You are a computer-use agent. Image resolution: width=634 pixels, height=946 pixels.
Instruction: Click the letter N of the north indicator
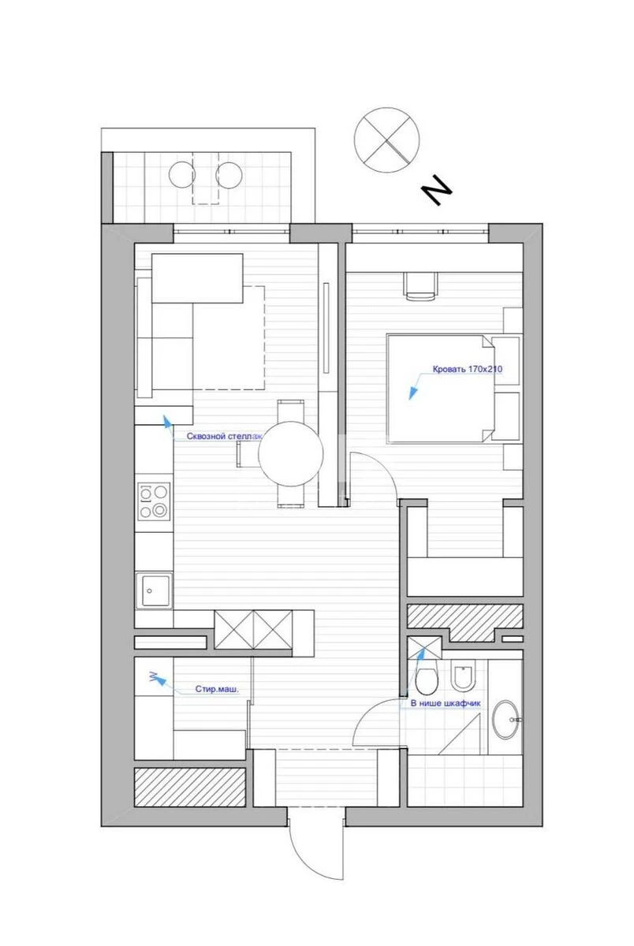click(x=435, y=192)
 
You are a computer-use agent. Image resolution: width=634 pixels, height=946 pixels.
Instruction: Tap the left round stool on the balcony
click(x=182, y=174)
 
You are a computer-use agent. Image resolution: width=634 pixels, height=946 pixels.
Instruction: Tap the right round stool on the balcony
click(x=229, y=174)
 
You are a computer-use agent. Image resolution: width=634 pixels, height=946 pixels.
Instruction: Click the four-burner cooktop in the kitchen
click(x=154, y=501)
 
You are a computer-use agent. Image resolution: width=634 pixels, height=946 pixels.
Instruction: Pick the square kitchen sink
click(x=154, y=590)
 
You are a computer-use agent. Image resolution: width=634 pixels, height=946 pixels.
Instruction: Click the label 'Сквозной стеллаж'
click(x=224, y=436)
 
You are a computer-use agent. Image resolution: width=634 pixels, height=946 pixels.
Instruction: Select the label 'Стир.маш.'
click(x=217, y=688)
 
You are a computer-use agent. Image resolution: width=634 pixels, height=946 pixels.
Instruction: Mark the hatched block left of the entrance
click(x=189, y=787)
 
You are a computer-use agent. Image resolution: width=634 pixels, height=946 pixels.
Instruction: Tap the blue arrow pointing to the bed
click(x=412, y=391)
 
